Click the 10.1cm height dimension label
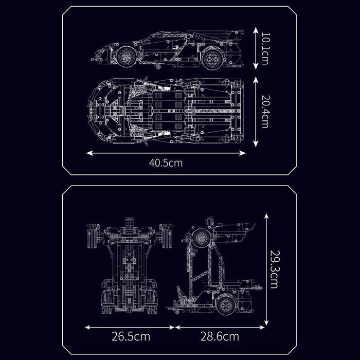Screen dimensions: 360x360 265,48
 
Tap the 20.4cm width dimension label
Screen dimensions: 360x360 265,112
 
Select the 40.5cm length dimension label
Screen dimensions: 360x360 166,163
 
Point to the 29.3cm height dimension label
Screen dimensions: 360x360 274,269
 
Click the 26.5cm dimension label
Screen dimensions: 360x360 131,336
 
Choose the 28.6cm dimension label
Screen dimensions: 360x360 220,336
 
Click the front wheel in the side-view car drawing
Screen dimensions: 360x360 126,57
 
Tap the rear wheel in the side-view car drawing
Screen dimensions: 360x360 213,59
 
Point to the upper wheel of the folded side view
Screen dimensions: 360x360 202,238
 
